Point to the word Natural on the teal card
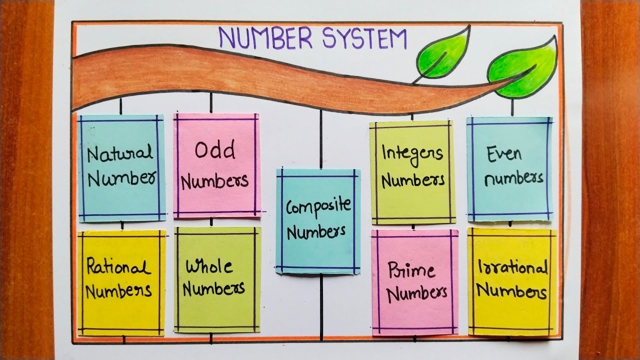119,153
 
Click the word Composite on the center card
318,206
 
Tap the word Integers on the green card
412,152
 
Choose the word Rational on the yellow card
118,267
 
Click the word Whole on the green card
209,266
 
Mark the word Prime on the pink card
411,270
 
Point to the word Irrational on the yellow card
512,268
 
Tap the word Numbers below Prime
416,293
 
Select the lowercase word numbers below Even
513,178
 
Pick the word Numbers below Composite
316,231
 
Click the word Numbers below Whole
213,288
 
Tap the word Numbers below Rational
118,290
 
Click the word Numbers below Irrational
511,291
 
